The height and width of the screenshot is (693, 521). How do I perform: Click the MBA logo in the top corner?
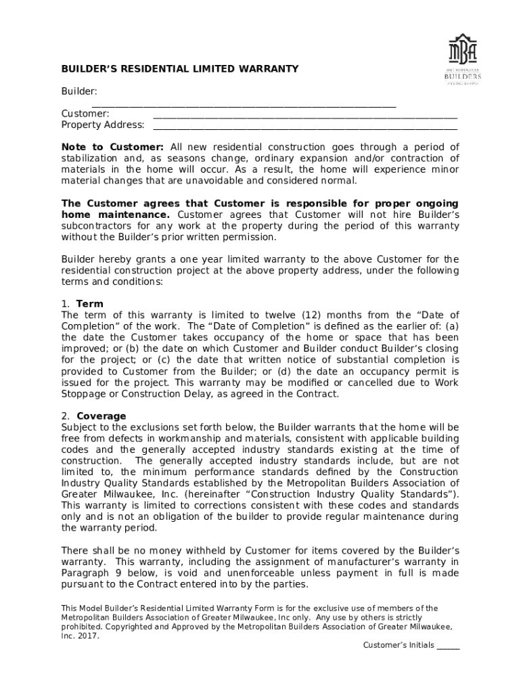463,59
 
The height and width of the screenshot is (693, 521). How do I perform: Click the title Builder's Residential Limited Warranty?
180,69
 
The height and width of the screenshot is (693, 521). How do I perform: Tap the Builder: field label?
79,91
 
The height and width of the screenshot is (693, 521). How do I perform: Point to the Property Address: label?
103,125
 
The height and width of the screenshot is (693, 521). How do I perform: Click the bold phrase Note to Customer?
112,148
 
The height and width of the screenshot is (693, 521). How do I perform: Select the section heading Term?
90,304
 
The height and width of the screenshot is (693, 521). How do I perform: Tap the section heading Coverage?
101,416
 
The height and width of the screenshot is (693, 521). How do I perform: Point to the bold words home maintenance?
116,215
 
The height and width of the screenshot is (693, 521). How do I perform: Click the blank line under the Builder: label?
244,106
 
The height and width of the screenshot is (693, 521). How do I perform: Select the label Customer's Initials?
399,645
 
